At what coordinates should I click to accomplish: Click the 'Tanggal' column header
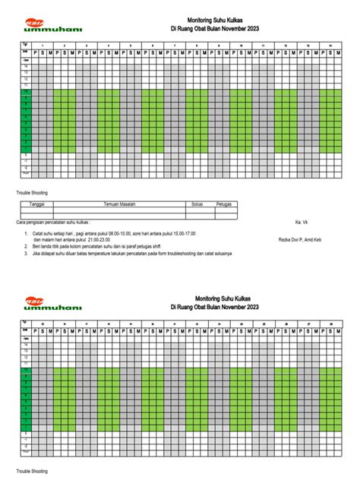(38, 204)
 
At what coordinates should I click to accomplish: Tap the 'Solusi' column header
(197, 204)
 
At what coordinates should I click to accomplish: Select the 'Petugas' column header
(224, 204)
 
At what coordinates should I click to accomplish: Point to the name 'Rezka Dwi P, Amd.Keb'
(300, 241)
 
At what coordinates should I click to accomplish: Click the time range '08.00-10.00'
(118, 234)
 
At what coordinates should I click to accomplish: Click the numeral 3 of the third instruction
(26, 254)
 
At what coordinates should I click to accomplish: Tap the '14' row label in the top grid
(24, 67)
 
